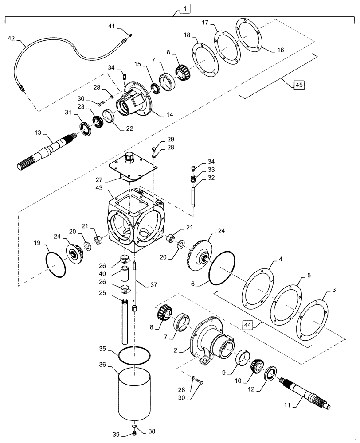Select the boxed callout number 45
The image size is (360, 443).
tap(298, 85)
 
